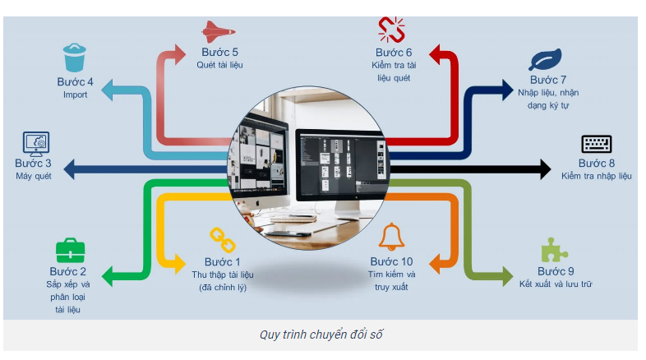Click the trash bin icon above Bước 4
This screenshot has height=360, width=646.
[x=74, y=58]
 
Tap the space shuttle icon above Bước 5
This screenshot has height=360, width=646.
[x=219, y=32]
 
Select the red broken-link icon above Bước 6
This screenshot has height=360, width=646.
[x=391, y=30]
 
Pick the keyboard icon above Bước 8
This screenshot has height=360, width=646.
[x=597, y=144]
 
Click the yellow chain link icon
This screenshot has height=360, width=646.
[x=217, y=239]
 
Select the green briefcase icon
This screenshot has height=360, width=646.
[x=70, y=250]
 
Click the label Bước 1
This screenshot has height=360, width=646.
[x=223, y=262]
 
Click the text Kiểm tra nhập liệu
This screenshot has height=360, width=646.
[x=597, y=176]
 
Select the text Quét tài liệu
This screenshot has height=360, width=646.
[x=219, y=65]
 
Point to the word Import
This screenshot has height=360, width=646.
[x=75, y=95]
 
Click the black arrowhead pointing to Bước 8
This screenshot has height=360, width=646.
[x=544, y=170]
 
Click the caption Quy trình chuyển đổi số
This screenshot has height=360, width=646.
[x=321, y=334]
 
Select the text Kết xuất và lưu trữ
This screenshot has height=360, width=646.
[x=556, y=284]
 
